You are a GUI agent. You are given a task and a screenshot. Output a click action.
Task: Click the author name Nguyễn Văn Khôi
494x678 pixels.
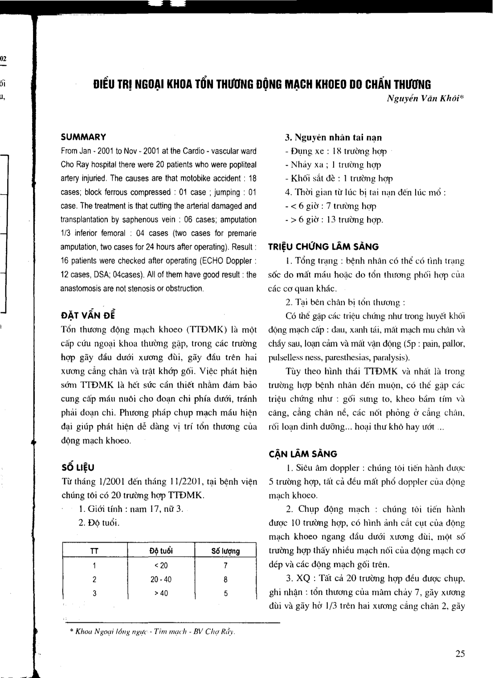tap(425, 99)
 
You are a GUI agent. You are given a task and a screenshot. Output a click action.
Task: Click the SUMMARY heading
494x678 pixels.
tap(83, 137)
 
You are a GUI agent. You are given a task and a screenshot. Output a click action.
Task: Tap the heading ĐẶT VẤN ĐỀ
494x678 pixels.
tap(88, 315)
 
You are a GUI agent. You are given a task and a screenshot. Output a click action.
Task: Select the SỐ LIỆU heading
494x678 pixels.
tap(78, 468)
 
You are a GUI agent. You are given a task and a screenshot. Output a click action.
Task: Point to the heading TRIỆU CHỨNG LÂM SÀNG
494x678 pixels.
tap(324, 247)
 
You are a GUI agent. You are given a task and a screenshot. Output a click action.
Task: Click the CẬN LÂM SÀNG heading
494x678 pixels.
tap(303, 454)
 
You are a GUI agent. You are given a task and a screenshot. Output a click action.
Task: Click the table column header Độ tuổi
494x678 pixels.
tap(161, 551)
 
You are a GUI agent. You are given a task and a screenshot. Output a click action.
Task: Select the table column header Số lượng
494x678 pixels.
tap(225, 551)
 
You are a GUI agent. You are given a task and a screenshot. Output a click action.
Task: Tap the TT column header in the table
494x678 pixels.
tap(94, 551)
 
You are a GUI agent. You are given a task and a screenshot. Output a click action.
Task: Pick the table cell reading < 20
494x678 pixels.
tap(161, 565)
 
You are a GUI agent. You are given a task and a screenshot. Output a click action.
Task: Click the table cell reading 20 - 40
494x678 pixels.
tap(161, 579)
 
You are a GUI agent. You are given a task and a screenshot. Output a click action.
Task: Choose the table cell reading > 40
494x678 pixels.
tap(161, 593)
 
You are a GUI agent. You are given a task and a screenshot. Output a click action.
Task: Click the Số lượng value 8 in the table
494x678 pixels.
tap(225, 579)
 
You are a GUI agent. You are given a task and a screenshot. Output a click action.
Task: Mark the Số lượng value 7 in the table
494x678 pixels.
tap(225, 565)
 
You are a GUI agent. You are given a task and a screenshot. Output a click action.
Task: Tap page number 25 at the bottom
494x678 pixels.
tap(460, 653)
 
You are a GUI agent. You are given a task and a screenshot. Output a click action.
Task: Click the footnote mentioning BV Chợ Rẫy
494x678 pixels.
tap(153, 632)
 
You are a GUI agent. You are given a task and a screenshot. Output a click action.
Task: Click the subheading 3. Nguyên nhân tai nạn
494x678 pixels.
tap(333, 137)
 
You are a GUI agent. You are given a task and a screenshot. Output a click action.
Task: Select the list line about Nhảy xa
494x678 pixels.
tap(333, 165)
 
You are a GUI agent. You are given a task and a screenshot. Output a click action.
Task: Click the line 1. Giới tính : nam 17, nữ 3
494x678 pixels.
tap(131, 509)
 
